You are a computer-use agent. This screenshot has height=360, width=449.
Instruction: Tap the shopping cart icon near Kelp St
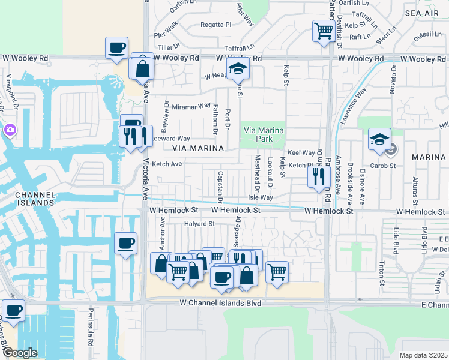pyautogui.click(x=324, y=31)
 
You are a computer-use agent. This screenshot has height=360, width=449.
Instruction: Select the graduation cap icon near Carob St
pyautogui.click(x=379, y=140)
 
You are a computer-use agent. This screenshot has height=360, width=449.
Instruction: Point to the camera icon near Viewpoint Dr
pyautogui.click(x=10, y=130)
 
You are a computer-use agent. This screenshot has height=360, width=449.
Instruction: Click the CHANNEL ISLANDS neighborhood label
pyautogui.click(x=34, y=199)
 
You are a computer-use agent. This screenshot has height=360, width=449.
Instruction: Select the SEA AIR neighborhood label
pyautogui.click(x=421, y=13)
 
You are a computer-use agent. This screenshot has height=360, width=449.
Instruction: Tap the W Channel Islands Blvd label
pyautogui.click(x=220, y=304)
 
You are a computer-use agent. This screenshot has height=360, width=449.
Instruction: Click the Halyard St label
pyautogui.click(x=200, y=224)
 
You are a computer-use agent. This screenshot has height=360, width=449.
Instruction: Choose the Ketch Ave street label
pyautogui.click(x=167, y=164)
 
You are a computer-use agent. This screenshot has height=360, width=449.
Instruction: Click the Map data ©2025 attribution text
pyautogui.click(x=423, y=355)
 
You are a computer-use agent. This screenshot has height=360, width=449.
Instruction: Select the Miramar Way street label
pyautogui.click(x=191, y=106)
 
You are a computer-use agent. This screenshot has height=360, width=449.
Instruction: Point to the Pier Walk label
pyautogui.click(x=166, y=28)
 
